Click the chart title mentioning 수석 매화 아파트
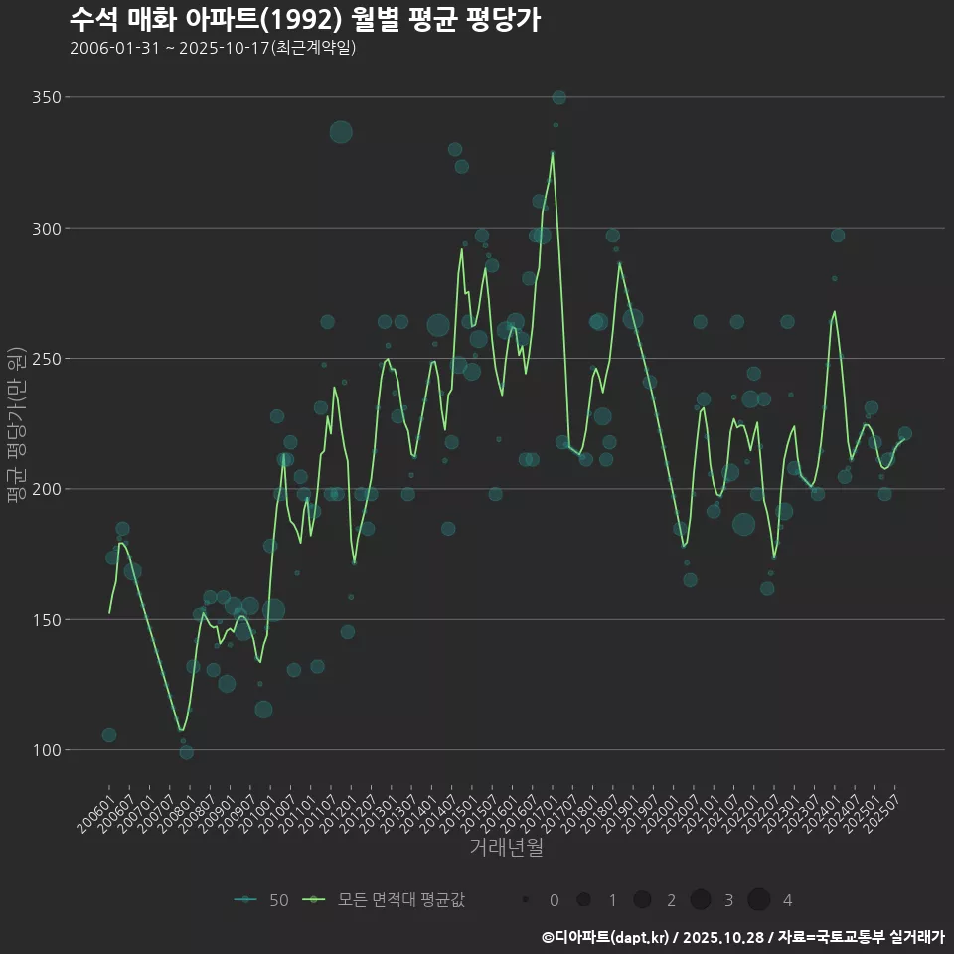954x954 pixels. [305, 20]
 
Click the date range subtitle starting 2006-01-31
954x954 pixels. [213, 49]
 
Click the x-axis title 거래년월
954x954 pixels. [506, 848]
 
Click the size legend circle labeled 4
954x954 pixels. [759, 900]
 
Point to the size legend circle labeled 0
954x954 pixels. [525, 900]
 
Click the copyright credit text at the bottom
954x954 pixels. [742, 937]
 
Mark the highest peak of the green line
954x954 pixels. [553, 152]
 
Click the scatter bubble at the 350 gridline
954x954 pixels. [559, 97]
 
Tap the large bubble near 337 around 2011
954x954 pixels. [341, 132]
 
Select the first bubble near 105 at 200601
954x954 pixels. [109, 735]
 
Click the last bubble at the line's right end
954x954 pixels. [905, 434]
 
